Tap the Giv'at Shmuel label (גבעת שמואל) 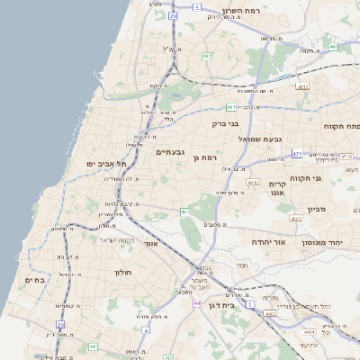pos(260,139)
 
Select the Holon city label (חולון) pos(122,272)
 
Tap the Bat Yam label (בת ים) pos(33,280)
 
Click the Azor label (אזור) pos(151,243)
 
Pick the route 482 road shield pos(207,56)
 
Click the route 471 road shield pos(297,155)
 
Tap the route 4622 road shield pos(295,218)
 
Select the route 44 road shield pos(196,304)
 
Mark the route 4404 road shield pos(310,332)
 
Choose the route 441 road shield pos(93,346)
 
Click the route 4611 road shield pos(301,87)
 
